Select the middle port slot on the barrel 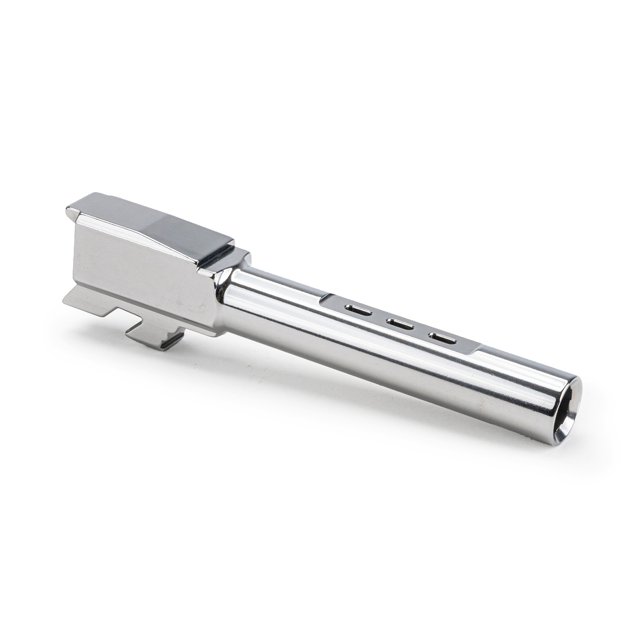(399, 323)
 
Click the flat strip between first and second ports (378, 316)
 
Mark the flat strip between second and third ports (421, 331)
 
